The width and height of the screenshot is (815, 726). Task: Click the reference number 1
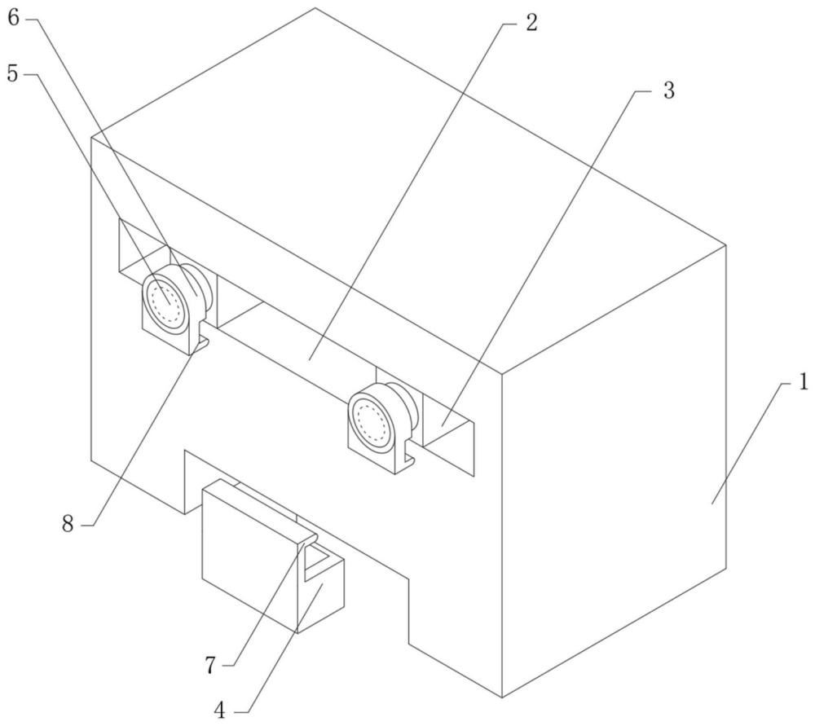click(803, 384)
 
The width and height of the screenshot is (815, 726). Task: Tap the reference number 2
click(531, 22)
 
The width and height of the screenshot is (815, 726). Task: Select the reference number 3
click(669, 90)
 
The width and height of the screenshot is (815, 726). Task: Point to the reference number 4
click(220, 711)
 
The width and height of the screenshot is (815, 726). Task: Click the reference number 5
click(12, 74)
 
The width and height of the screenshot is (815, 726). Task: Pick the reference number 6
click(14, 18)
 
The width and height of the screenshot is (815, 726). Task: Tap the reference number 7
click(210, 665)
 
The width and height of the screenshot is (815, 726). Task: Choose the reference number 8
click(68, 524)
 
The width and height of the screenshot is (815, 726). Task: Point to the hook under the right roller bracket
click(410, 458)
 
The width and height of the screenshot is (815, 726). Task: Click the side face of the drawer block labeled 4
click(321, 595)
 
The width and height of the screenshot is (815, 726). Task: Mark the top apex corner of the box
click(315, 8)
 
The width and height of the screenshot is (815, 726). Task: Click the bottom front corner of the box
click(502, 697)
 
